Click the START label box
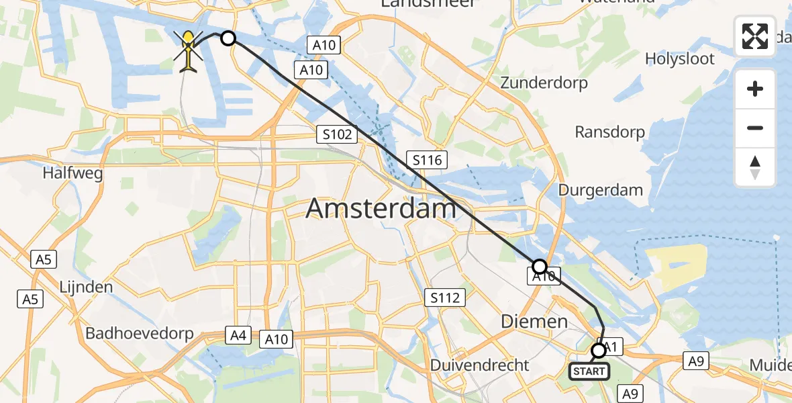coord(589,371)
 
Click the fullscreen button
coord(755,36)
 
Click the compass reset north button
coord(755,167)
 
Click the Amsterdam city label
coord(381,209)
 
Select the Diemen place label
coord(534,322)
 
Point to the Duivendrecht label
coord(480,365)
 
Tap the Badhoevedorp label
coord(140,333)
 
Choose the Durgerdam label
coord(601,190)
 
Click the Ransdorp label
coord(610,132)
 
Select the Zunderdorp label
coord(544,83)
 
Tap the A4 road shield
coord(238,334)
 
